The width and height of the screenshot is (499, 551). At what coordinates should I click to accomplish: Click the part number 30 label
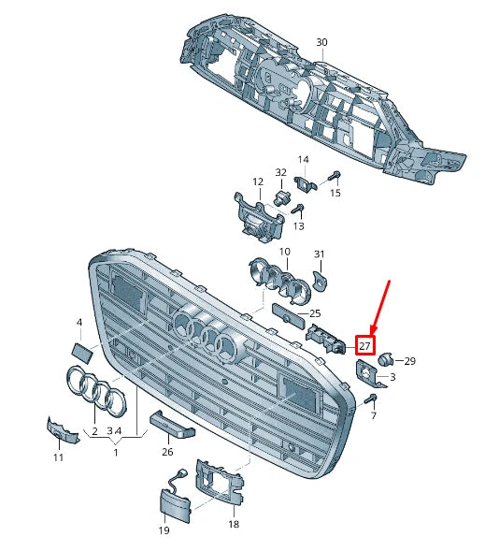321,43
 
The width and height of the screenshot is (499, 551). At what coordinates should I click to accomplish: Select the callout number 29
409,360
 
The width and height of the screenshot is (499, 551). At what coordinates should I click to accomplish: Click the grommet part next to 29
387,357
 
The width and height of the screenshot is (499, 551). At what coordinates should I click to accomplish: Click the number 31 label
319,254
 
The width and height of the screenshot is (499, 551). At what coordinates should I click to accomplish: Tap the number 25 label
315,313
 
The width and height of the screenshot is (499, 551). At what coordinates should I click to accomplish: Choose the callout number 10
284,252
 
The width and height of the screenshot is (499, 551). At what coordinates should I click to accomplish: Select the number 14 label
303,159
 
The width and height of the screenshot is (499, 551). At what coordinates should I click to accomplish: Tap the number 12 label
257,181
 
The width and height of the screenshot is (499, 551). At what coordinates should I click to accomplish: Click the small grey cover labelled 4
80,353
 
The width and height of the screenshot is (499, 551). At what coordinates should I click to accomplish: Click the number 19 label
164,530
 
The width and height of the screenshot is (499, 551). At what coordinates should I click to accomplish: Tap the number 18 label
233,524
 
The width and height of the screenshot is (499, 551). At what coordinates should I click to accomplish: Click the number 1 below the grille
116,453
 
